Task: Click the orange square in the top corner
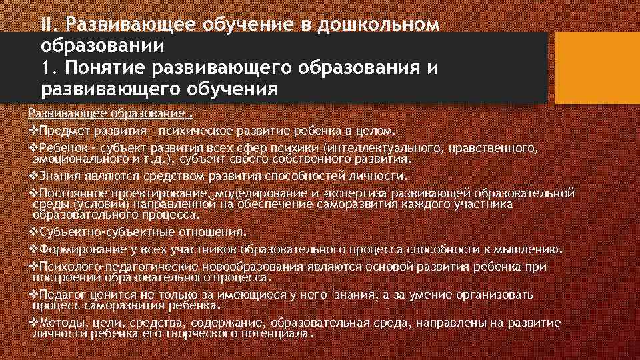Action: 597,63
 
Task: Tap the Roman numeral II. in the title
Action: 51,25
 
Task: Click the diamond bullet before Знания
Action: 35,176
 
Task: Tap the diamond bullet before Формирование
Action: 35,250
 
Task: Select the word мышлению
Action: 531,250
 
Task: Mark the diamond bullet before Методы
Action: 35,323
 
